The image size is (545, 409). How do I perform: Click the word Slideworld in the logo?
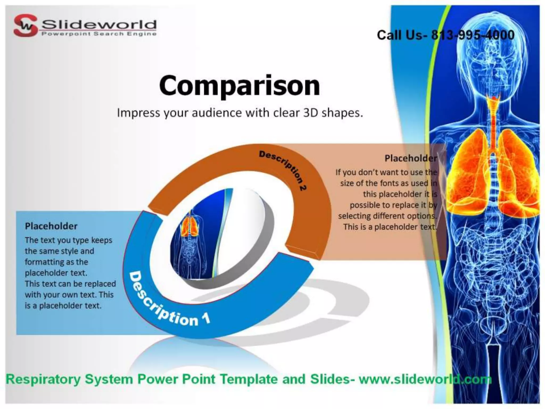tap(99, 25)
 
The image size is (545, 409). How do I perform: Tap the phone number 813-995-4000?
tap(473, 35)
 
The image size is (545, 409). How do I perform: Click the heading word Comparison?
tap(240, 85)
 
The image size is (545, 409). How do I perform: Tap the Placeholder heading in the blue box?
tap(51, 226)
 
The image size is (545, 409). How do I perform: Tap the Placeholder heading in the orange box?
tap(411, 158)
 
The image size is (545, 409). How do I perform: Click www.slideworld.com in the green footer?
tap(425, 379)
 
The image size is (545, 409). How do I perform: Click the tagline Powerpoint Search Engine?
tap(99, 34)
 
